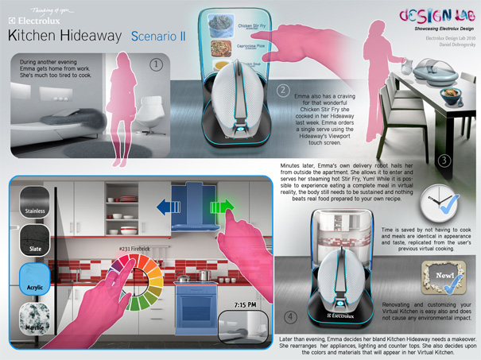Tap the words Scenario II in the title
pyautogui.click(x=158, y=36)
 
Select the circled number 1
pyautogui.click(x=157, y=63)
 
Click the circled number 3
pyautogui.click(x=444, y=161)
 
